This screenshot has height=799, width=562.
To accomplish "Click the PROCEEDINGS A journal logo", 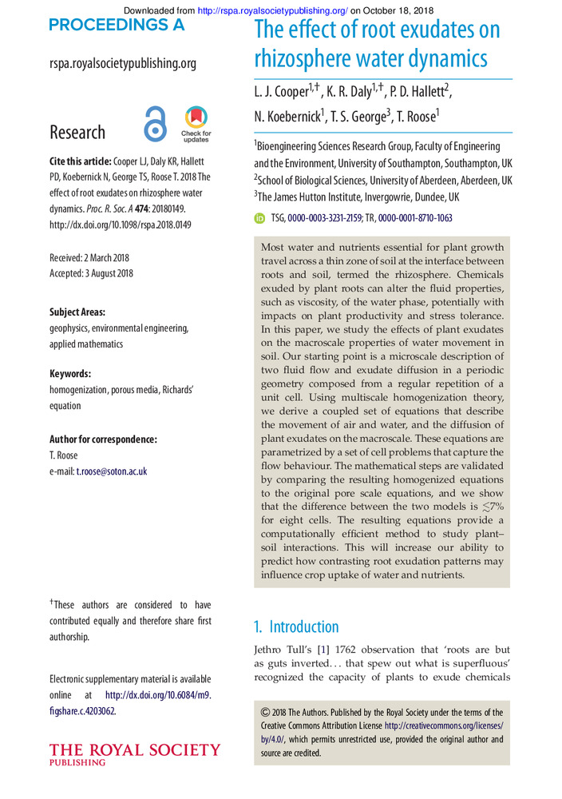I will click(117, 26).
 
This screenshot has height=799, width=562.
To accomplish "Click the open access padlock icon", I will click(155, 124).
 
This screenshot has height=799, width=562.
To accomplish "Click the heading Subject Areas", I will click(77, 312).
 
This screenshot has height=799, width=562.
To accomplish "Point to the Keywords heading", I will click(70, 374).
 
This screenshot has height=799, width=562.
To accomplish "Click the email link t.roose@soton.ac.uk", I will click(112, 471).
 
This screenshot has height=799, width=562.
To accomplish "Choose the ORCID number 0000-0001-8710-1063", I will click(415, 217).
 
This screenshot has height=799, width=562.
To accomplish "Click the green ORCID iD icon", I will click(259, 217).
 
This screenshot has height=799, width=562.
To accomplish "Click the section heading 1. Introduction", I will click(296, 626).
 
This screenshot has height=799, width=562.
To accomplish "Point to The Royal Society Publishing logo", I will click(135, 753).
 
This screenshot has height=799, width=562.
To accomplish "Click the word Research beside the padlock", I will click(77, 132).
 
